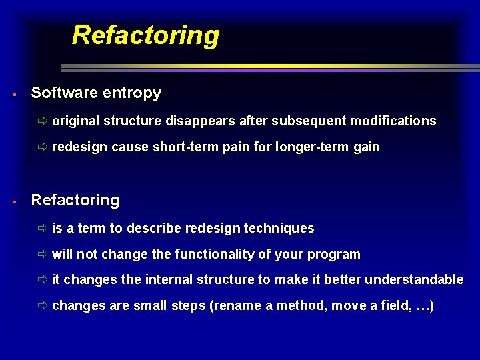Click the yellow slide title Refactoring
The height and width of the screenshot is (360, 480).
point(145,35)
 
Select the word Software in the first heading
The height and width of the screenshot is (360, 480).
point(65,93)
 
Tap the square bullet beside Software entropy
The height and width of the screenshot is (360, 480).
point(14,94)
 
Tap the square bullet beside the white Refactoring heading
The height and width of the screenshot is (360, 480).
point(14,201)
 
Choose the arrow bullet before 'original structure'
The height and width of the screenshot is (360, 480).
point(43,121)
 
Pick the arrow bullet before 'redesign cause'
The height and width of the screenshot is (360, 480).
point(43,147)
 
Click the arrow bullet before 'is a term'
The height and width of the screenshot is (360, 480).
point(43,229)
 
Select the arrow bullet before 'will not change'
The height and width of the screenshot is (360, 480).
point(43,255)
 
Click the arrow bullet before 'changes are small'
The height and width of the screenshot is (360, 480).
point(43,306)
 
